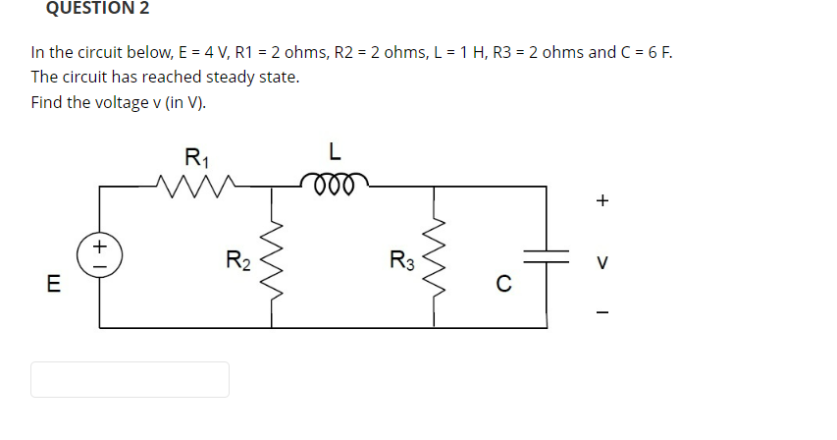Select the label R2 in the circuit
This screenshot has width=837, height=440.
click(x=238, y=261)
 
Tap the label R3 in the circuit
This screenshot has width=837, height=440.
click(x=401, y=261)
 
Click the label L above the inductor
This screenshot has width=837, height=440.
click(x=335, y=152)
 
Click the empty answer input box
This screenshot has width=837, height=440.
click(x=130, y=379)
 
